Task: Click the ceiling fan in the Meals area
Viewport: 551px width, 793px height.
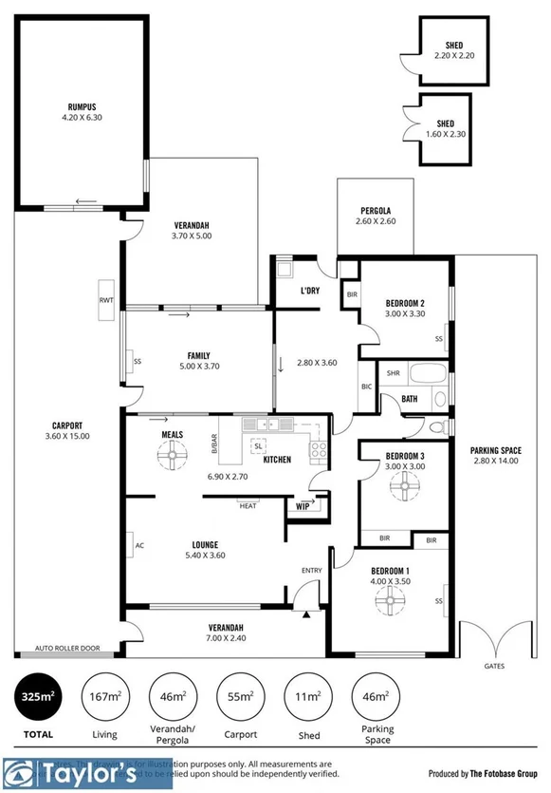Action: click(x=172, y=459)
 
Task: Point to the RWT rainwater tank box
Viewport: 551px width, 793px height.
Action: click(x=106, y=300)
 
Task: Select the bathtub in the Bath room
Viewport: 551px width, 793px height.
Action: click(x=429, y=372)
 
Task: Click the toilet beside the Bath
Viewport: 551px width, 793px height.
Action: click(x=437, y=427)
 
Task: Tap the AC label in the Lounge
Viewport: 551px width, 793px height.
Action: click(x=138, y=546)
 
